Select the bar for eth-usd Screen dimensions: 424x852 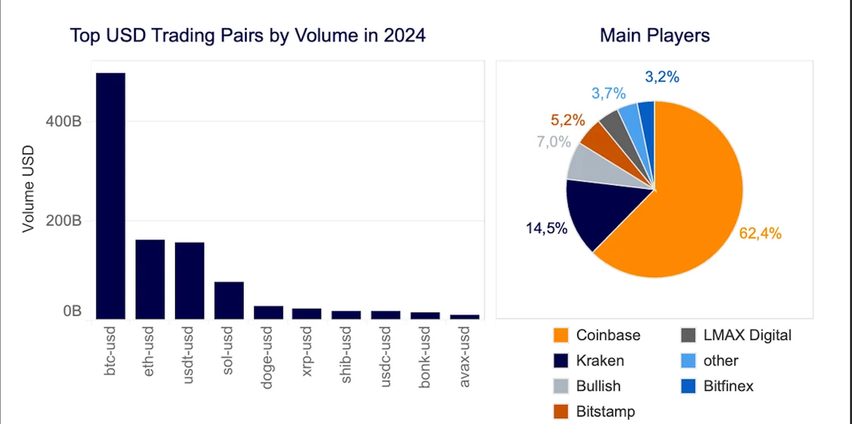pos(150,279)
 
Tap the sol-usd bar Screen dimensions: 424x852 pos(229,301)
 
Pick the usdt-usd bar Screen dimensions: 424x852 pos(190,280)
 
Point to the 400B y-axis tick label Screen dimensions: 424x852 pos(63,121)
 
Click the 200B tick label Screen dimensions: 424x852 pos(63,220)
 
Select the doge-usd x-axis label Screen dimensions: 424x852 pos(267,358)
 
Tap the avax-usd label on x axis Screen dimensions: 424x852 pos(464,357)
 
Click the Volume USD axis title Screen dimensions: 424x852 pos(28,189)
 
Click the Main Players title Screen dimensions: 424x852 pos(654,36)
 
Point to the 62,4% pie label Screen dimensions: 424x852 pos(760,233)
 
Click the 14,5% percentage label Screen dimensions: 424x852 pos(546,228)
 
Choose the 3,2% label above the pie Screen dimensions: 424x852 pos(662,77)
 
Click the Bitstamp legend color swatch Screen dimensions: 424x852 pos(561,411)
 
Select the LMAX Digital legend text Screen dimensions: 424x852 pos(747,335)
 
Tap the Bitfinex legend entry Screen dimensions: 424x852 pos(728,386)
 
